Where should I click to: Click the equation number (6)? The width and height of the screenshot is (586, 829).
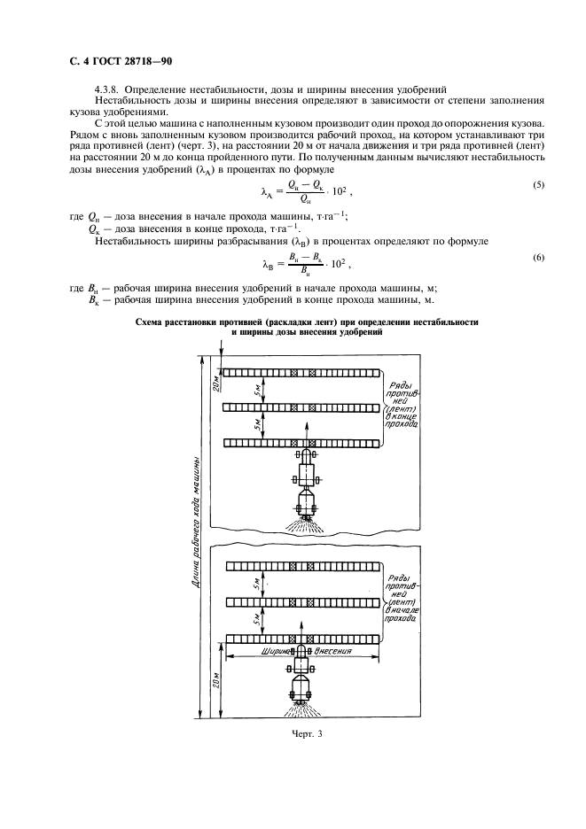(x=538, y=257)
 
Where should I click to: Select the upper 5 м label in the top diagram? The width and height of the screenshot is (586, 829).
(x=256, y=390)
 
